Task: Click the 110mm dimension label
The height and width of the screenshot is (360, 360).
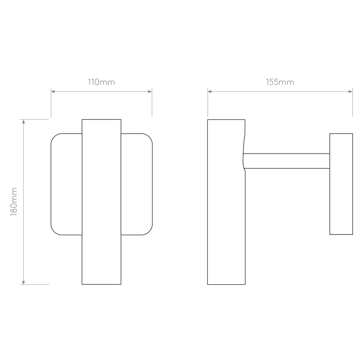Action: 101,82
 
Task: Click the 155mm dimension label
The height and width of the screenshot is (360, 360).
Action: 280,82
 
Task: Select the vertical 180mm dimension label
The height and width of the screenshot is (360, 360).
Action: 14,202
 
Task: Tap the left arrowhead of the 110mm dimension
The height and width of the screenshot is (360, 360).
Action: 53,92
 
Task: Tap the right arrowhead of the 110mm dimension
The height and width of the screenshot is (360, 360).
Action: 150,92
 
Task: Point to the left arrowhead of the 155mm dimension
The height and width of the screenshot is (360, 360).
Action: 210,92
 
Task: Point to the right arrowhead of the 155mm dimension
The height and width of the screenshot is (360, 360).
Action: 351,92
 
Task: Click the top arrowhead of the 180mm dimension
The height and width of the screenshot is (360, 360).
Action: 24,121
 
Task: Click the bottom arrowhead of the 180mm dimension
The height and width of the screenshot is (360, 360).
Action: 24,283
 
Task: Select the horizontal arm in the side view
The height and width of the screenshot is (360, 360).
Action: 287,161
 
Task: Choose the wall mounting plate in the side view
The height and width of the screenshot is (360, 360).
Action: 341,184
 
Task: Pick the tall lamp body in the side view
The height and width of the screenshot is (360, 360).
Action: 226,202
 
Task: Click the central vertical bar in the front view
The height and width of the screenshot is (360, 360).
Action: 102,202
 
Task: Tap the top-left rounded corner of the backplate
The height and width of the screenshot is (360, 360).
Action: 54,137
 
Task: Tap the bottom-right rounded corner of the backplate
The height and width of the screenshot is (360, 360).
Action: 149,232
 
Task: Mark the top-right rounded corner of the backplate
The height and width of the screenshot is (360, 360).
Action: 149,137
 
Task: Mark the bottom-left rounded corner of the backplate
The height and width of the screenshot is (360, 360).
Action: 54,232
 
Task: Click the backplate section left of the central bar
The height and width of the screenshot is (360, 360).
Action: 66,184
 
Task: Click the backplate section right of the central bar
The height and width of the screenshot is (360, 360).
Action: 137,184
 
